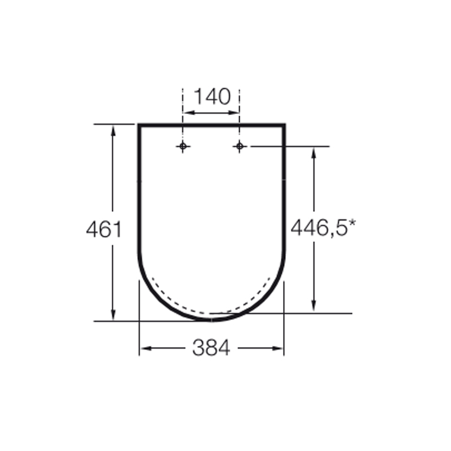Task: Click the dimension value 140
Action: pyautogui.click(x=213, y=96)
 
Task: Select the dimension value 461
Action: pyautogui.click(x=104, y=229)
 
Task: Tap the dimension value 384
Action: pyautogui.click(x=211, y=348)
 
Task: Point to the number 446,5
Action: pyautogui.click(x=319, y=228)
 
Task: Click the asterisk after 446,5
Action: pyautogui.click(x=352, y=223)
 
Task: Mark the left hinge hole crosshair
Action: pyautogui.click(x=183, y=147)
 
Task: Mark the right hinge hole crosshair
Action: pyautogui.click(x=239, y=147)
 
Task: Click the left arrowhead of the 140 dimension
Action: pyautogui.click(x=188, y=113)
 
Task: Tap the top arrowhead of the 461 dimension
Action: pyautogui.click(x=113, y=131)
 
